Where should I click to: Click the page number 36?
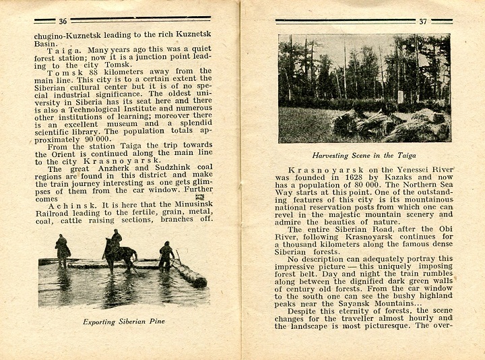tap(63, 22)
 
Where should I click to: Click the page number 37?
tap(422, 22)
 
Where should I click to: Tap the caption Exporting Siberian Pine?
tap(124, 322)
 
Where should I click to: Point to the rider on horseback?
tap(117, 239)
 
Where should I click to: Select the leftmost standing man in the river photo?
tap(63, 251)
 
